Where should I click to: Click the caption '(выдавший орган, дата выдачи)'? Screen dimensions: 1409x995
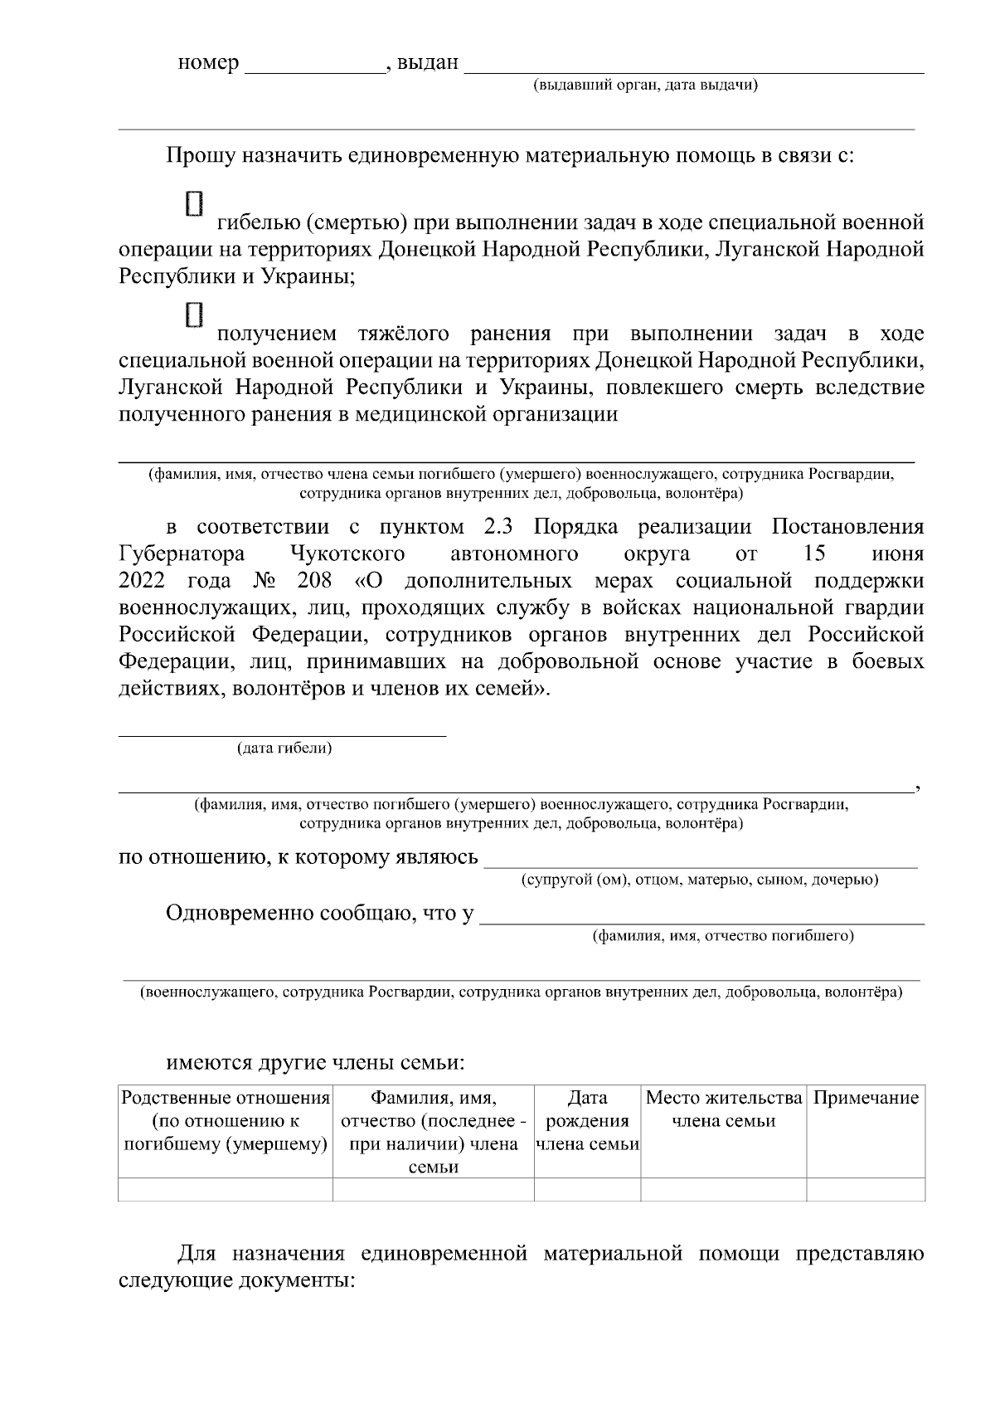[x=645, y=85]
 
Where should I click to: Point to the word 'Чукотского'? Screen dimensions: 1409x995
[x=347, y=553]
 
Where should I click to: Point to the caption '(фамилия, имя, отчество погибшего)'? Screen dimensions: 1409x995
[x=722, y=936]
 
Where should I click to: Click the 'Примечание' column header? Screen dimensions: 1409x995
[x=866, y=1099]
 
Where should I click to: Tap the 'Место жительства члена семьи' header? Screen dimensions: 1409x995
[x=723, y=1109]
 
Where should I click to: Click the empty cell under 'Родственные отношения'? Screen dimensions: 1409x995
[x=226, y=1189]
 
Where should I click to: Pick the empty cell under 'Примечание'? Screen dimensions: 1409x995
[x=866, y=1189]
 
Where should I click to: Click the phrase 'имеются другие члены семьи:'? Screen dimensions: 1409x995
[x=315, y=1062]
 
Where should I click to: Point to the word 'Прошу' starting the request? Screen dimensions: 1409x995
[x=200, y=155]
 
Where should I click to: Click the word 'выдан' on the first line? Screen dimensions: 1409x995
[x=428, y=63]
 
